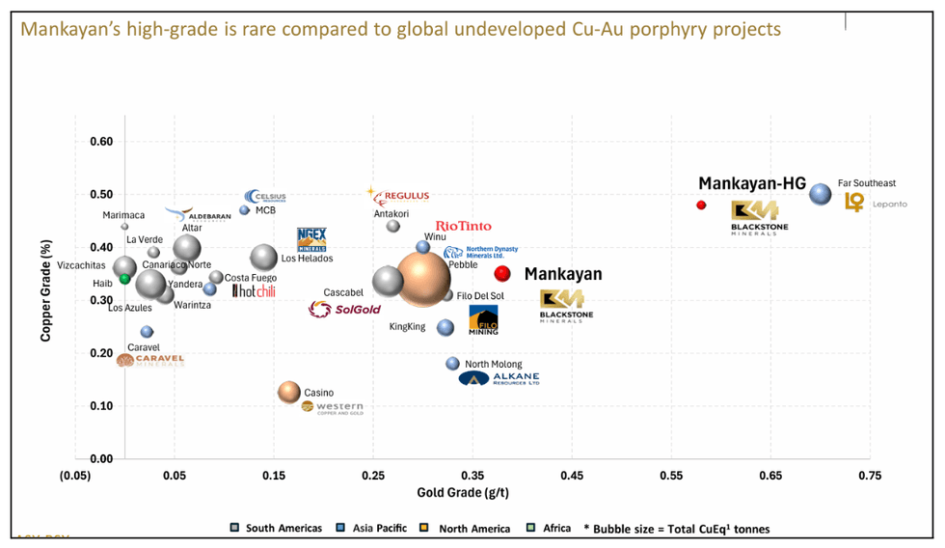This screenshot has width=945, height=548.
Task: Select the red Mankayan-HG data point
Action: (701, 205)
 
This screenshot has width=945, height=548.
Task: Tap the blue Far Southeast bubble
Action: (820, 194)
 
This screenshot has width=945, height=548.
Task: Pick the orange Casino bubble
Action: (289, 392)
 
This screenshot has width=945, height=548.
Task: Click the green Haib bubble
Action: (124, 279)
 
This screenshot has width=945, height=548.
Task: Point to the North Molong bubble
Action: (452, 364)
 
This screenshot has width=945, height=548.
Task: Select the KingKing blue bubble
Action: (445, 328)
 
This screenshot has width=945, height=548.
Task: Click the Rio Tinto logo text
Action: (463, 226)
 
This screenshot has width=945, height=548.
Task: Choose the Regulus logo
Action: (399, 196)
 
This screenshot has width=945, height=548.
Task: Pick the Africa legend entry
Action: (552, 528)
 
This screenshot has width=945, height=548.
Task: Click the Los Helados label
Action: (307, 259)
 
